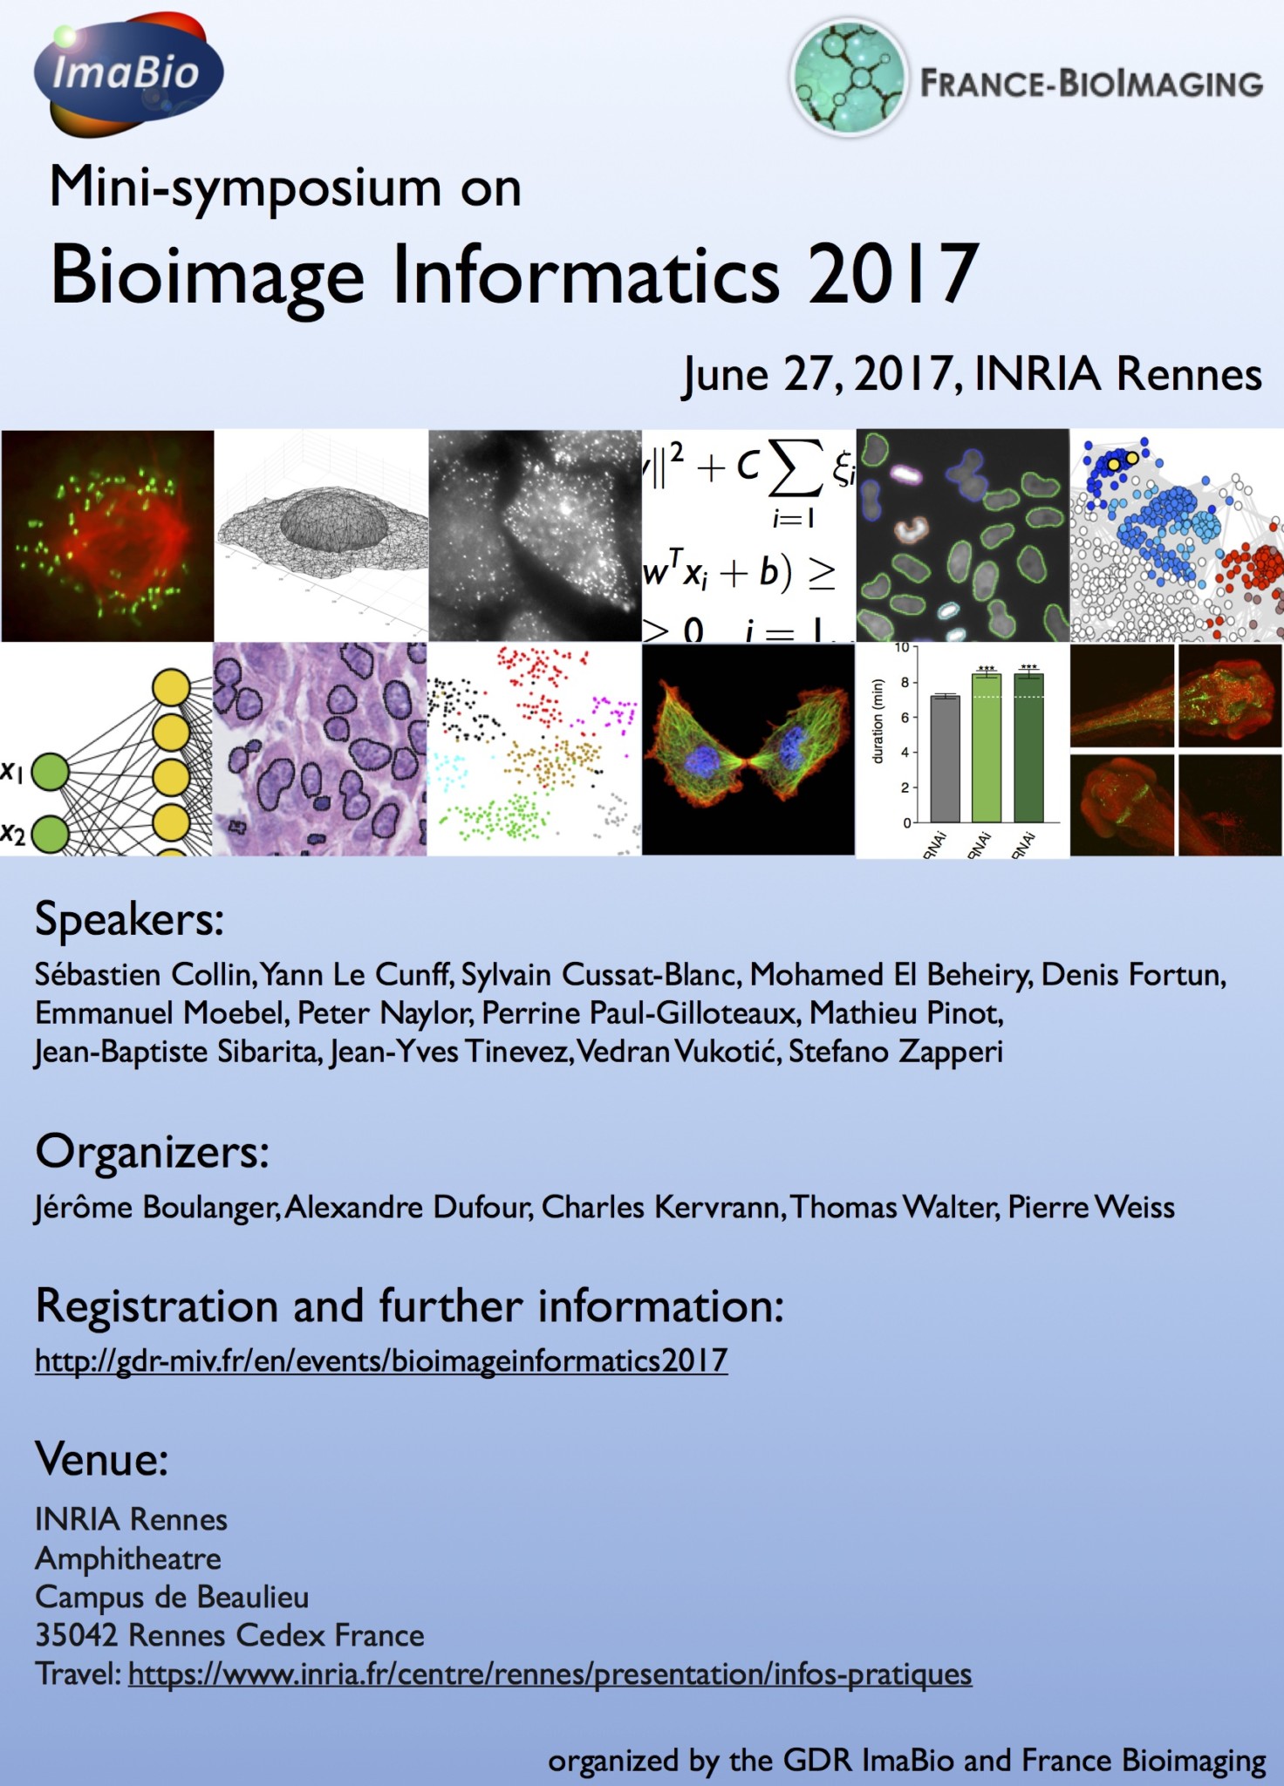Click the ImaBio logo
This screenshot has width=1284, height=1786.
pyautogui.click(x=128, y=74)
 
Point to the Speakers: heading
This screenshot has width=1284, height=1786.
pyautogui.click(x=129, y=920)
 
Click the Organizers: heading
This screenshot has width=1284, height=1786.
pyautogui.click(x=152, y=1153)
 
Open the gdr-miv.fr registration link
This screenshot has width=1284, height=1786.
pyautogui.click(x=381, y=1360)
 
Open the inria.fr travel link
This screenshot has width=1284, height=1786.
pyautogui.click(x=550, y=1674)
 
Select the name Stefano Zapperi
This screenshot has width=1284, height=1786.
pyautogui.click(x=896, y=1052)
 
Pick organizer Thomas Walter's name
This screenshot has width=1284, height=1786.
pyautogui.click(x=894, y=1207)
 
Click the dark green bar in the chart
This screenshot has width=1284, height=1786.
pyautogui.click(x=1028, y=747)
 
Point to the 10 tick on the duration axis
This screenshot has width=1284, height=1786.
pyautogui.click(x=901, y=648)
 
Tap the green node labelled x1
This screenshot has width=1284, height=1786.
pyautogui.click(x=51, y=772)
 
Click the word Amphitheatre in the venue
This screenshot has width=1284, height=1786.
pyautogui.click(x=128, y=1558)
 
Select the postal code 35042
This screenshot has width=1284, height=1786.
pyautogui.click(x=76, y=1635)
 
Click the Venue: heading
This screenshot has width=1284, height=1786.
pyautogui.click(x=101, y=1459)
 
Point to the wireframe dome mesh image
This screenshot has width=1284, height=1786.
pyautogui.click(x=321, y=535)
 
